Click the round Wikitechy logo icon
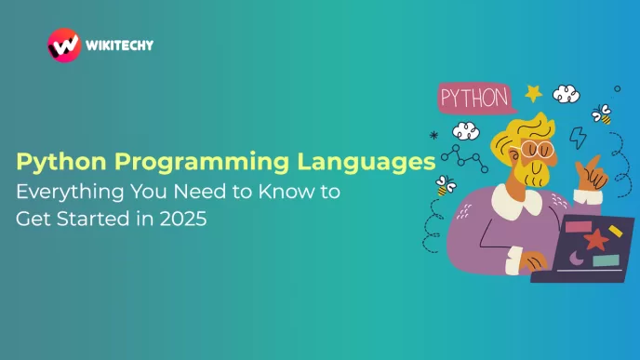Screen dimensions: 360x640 [x=65, y=45]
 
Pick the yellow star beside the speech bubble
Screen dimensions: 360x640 [x=533, y=92]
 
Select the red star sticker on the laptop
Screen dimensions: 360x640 [x=594, y=240]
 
